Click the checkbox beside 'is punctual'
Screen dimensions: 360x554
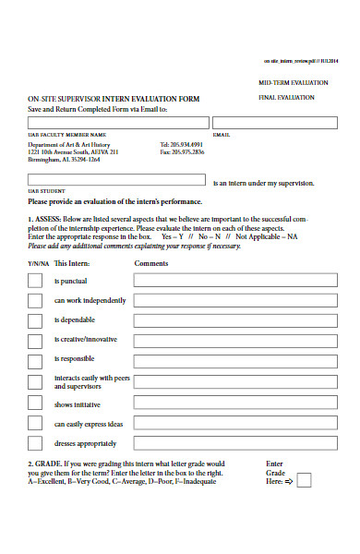35,281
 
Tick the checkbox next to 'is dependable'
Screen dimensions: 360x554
35,321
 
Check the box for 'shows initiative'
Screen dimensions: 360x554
35,403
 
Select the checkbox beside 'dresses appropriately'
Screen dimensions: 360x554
35,443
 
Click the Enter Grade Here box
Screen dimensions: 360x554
304,480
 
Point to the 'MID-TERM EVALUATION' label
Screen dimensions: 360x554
293,83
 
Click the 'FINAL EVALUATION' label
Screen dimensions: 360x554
287,96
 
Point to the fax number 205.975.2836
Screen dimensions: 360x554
182,152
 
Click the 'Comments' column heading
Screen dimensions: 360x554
150,263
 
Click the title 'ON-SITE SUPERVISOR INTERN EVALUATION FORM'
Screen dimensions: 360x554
114,98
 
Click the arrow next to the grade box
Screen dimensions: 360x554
288,481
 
